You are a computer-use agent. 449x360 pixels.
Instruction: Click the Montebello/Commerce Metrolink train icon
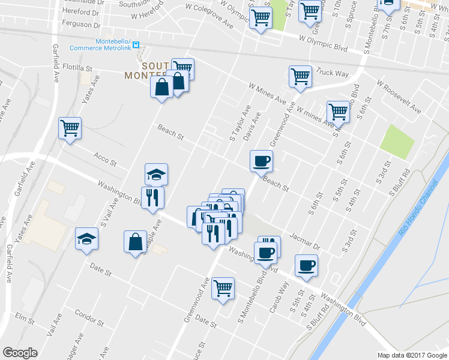(136, 44)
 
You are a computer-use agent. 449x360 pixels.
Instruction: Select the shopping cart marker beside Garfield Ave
(70, 128)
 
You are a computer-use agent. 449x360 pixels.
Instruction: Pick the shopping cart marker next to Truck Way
(300, 76)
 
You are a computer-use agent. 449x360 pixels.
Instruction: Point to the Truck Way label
(333, 73)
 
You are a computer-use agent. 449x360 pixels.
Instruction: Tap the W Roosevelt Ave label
(399, 98)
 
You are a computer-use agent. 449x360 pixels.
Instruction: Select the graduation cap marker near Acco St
(157, 175)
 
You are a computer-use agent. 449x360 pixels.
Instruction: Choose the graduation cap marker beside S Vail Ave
(87, 238)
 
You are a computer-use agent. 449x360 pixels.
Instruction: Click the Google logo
(20, 353)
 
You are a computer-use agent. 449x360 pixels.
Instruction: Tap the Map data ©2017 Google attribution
(411, 355)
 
